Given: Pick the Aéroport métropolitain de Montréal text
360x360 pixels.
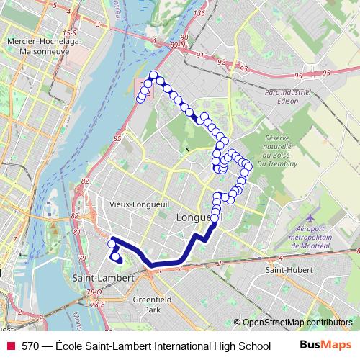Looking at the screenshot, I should coord(310,237).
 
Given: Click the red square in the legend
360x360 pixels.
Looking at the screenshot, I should coord(11,346).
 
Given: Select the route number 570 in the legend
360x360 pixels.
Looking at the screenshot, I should coord(30,346).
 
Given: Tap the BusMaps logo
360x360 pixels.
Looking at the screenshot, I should coord(325,345).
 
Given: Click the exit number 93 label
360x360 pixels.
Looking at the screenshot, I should coord(244,70).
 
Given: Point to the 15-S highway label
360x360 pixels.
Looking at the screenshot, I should coord(69,33).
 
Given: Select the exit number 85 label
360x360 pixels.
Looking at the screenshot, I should coord(117,137).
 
